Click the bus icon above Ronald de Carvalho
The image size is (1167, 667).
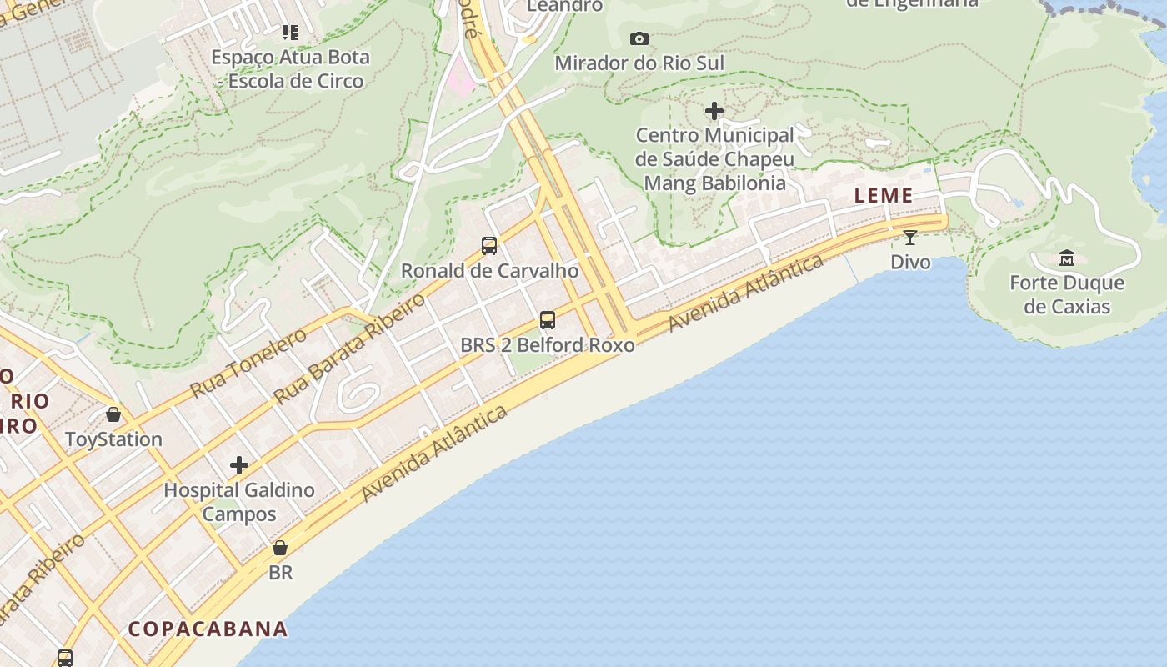(489, 246)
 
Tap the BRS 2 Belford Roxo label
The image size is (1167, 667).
(548, 344)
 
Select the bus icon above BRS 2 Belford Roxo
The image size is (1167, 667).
(548, 320)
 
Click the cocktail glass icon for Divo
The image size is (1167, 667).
(910, 238)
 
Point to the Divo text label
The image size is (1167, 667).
(910, 262)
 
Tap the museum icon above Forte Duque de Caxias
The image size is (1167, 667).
(1067, 258)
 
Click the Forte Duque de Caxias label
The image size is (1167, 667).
(1067, 294)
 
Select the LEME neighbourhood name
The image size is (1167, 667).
(884, 196)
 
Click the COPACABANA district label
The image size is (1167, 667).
(208, 629)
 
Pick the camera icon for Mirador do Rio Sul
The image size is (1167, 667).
(639, 38)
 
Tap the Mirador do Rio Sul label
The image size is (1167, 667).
(639, 63)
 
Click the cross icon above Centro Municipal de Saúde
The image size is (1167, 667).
(714, 111)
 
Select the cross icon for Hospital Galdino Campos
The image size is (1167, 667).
(239, 465)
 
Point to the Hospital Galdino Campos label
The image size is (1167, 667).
(239, 501)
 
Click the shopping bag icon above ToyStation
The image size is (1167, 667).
(113, 414)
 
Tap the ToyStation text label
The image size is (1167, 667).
(113, 439)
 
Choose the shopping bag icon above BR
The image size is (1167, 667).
(280, 548)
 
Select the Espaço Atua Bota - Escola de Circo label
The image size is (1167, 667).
(290, 69)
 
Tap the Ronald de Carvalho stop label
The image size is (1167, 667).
(489, 271)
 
